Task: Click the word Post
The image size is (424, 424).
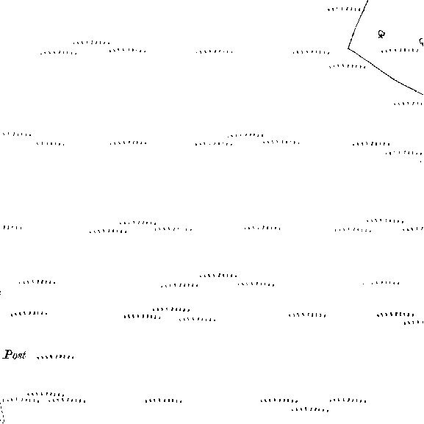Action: pos(15,354)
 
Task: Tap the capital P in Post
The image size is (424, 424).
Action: pos(7,354)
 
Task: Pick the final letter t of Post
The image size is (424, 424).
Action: pos(24,355)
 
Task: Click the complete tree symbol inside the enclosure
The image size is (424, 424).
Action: pos(381,35)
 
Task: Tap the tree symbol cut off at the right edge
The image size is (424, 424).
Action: pos(422,42)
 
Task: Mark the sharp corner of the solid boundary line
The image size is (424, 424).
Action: pos(348,48)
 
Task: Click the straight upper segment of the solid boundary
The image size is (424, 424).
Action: pos(358,24)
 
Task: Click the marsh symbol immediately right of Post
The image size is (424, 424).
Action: pos(55,357)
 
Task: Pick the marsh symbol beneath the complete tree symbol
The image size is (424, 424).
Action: pos(400,51)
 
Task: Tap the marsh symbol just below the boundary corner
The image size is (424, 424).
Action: pos(348,67)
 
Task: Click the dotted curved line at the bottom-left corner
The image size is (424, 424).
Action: pos(2,411)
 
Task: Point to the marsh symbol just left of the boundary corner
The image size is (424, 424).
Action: pos(312,52)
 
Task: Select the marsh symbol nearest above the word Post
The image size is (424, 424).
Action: pos(29,314)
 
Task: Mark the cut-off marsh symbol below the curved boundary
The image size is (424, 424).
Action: pos(409,104)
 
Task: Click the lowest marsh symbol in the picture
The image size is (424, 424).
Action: pos(310,410)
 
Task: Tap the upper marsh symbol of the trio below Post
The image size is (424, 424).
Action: pos(46,395)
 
